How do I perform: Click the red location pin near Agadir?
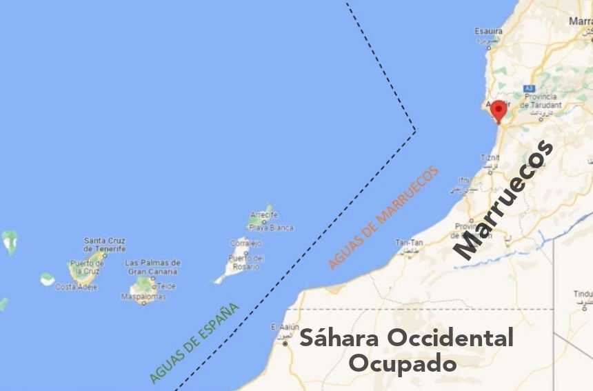[498, 110]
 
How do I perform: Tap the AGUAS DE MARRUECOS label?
[383, 218]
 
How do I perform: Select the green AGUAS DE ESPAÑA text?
[194, 343]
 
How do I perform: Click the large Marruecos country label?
[504, 199]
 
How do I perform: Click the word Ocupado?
[402, 363]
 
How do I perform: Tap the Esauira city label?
[488, 31]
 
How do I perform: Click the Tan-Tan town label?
[408, 243]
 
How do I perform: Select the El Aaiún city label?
[283, 327]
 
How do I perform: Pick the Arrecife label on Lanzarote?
[263, 214]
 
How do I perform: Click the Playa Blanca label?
[271, 228]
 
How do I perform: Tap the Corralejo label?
[245, 243]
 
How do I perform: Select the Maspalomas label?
[143, 297]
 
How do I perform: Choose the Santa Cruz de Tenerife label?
[105, 245]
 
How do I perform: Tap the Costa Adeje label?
[75, 287]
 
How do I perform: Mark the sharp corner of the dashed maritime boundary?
[415, 130]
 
